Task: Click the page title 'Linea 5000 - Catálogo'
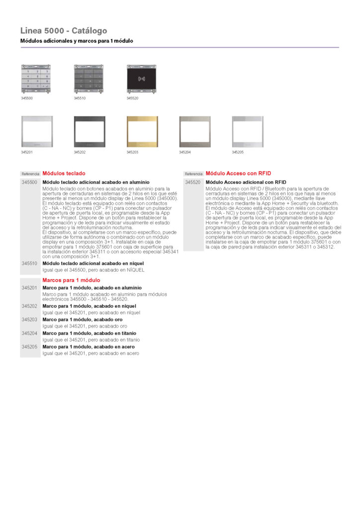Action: point(64,31)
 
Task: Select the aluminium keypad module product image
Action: point(36,79)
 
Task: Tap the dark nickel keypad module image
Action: point(89,79)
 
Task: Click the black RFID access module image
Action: point(142,79)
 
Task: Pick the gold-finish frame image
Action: point(142,132)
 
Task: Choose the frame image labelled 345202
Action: point(89,132)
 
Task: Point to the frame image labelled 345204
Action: point(194,132)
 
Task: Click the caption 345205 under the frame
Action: point(238,152)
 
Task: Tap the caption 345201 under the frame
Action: point(27,152)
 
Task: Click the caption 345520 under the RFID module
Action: point(132,98)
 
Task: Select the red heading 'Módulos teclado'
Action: point(64,173)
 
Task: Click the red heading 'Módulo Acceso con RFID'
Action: point(238,173)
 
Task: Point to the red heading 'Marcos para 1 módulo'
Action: point(71,280)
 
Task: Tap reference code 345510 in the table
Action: point(29,263)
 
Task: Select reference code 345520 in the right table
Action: point(193,182)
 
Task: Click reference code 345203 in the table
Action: point(29,320)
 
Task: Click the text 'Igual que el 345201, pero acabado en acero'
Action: point(90,353)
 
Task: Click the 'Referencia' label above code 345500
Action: point(30,174)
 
